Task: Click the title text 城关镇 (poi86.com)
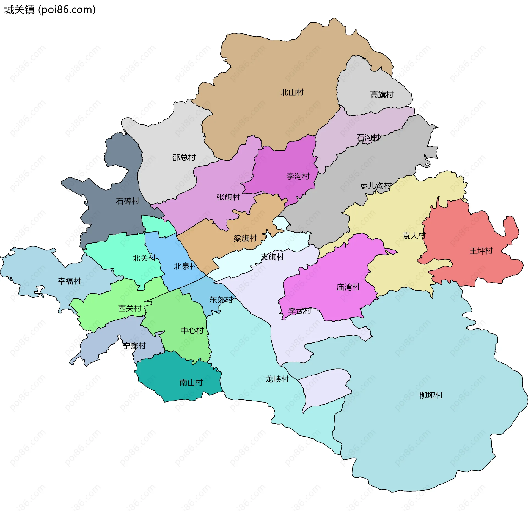[x=50, y=10]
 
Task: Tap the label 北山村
[x=292, y=92]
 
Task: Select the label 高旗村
[x=382, y=95]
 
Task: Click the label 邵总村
[x=184, y=157]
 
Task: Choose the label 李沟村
[x=298, y=176]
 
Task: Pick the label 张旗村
[x=228, y=197]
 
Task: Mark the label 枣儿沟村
[x=376, y=186]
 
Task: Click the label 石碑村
[x=128, y=201]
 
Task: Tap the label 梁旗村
[x=245, y=238]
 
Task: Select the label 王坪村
[x=481, y=251]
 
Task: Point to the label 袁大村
[x=414, y=235]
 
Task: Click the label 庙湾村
[x=348, y=287]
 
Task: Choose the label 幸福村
[x=69, y=281]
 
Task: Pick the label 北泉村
[x=185, y=266]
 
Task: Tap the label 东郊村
[x=221, y=300]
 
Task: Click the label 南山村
[x=191, y=382]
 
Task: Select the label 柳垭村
[x=431, y=395]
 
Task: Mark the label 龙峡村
[x=277, y=379]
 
